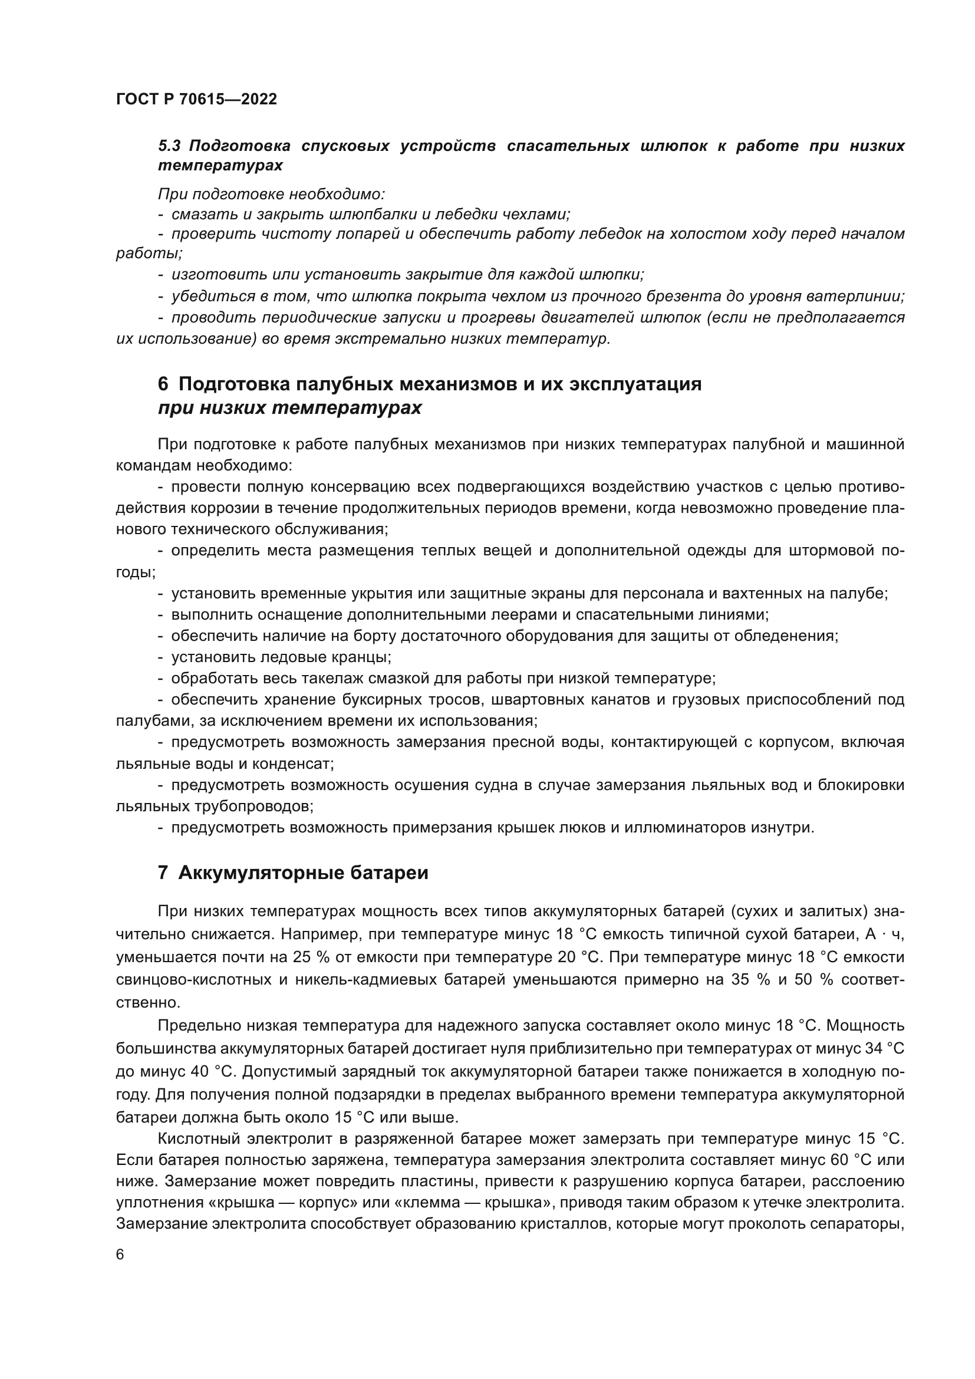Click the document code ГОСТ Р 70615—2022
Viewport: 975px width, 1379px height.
coord(196,100)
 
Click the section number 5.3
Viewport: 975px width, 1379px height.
coord(171,146)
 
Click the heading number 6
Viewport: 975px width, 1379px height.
coord(163,384)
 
